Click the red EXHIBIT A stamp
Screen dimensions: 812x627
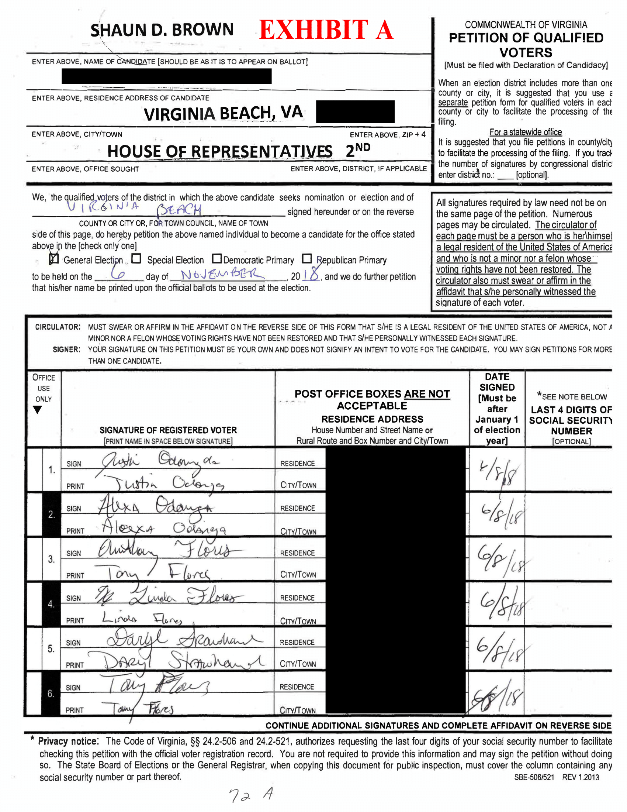(x=326, y=30)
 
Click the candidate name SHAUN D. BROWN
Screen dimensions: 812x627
(x=162, y=30)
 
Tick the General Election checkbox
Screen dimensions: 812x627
(x=54, y=259)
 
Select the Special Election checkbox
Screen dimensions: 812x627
(x=137, y=258)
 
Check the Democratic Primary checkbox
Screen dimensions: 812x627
(x=217, y=258)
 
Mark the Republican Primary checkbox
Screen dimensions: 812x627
(x=307, y=258)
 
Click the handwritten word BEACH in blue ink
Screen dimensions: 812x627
(x=179, y=210)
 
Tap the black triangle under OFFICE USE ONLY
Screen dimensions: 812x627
(x=38, y=410)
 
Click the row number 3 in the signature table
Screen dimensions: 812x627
(x=51, y=559)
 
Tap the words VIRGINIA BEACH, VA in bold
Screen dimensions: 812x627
(x=223, y=113)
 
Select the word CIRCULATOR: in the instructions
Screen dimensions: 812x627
(x=58, y=327)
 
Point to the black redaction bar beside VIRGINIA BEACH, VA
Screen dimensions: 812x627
(x=355, y=111)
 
